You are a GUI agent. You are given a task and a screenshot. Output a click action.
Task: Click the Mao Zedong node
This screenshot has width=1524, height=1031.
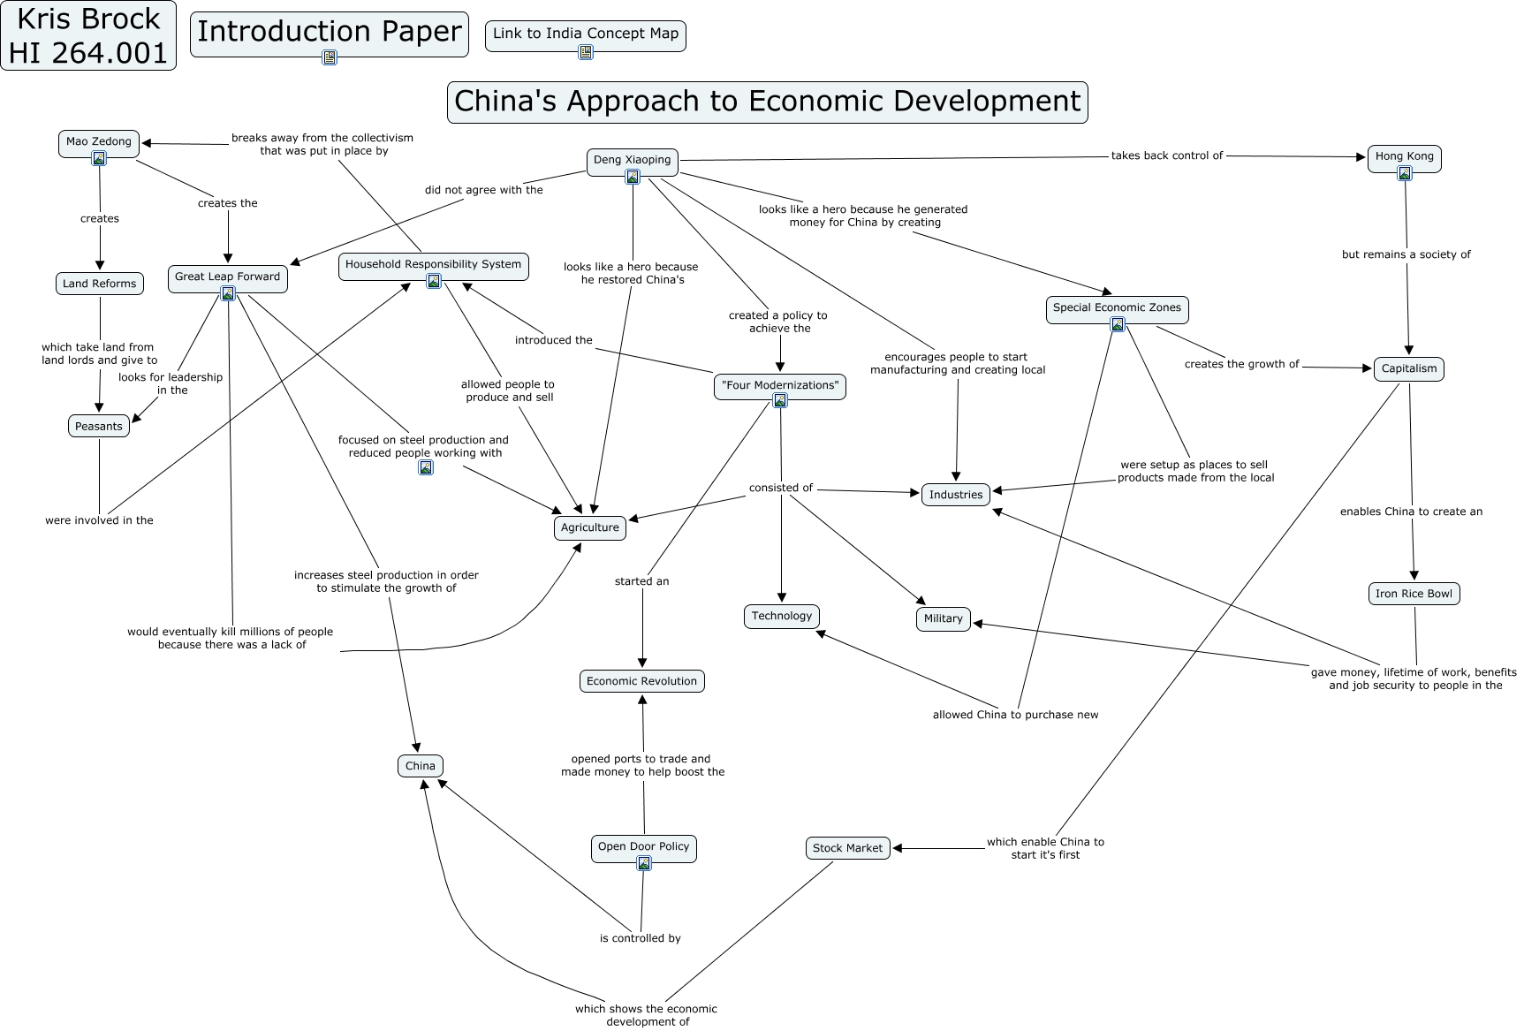99,142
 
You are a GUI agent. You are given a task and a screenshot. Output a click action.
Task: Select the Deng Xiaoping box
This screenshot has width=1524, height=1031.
632,161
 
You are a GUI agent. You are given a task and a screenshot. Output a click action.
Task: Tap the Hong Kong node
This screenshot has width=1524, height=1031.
1404,157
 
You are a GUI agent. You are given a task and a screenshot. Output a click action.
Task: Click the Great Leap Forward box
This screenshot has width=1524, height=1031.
227,277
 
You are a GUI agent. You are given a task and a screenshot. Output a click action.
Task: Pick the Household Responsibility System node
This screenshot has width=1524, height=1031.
433,265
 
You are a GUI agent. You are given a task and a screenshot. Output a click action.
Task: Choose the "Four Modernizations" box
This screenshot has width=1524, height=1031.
779,386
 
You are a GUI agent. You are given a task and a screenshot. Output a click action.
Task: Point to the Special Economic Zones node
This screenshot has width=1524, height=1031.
1117,308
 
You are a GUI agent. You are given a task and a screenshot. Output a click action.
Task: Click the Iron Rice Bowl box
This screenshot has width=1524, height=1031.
1414,594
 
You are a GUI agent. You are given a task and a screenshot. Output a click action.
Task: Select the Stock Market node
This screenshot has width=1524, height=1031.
847,848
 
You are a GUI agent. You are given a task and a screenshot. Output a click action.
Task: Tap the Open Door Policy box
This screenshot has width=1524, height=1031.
643,847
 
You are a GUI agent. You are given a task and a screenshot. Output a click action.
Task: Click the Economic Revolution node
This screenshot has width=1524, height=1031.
641,681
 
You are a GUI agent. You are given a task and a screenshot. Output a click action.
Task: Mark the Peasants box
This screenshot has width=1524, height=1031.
99,427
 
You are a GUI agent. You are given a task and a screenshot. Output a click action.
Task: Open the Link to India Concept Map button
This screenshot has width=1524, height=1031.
585,34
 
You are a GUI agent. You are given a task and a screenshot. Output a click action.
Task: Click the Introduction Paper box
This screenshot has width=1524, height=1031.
329,33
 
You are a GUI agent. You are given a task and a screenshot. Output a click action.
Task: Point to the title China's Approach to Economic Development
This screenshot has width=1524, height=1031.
767,102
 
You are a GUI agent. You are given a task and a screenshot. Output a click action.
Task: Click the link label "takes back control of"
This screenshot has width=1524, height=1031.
1166,156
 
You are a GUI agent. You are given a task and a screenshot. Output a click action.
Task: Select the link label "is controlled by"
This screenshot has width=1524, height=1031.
640,938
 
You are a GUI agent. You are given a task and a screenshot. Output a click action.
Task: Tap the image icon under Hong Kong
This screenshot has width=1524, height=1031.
1404,173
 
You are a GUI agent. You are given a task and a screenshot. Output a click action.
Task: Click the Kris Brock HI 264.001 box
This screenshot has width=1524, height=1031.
88,36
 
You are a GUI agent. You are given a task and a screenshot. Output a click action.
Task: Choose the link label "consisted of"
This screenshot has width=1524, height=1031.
780,488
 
